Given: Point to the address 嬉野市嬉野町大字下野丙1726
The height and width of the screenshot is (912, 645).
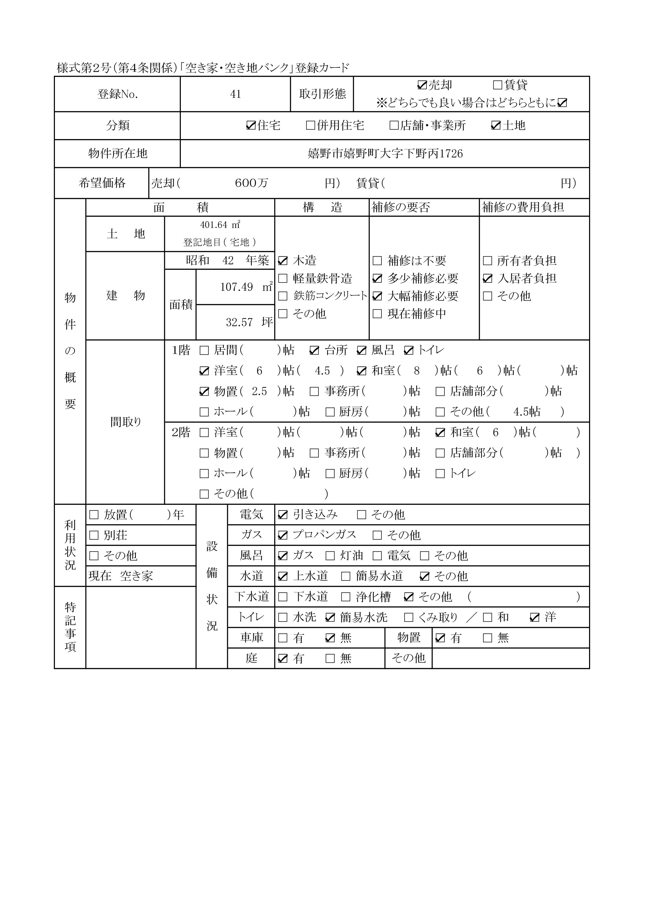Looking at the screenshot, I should [385, 154].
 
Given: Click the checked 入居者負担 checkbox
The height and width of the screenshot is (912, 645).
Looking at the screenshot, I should [488, 278].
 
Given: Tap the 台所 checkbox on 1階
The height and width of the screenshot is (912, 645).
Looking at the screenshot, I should [314, 350].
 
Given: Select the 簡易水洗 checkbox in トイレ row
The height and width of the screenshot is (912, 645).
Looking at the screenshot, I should [330, 617].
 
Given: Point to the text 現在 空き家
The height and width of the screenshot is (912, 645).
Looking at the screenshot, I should [121, 576].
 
